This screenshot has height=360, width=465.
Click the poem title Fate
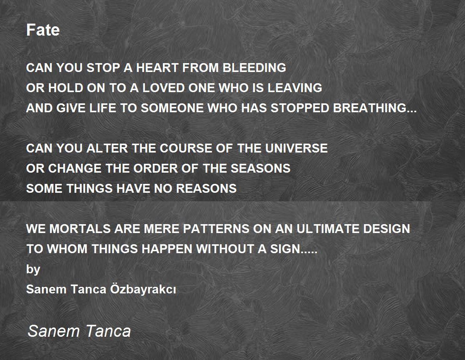pyautogui.click(x=43, y=30)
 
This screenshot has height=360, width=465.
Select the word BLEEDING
pyautogui.click(x=254, y=68)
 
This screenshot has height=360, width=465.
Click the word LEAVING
pyautogui.click(x=294, y=87)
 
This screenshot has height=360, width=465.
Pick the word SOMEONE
pyautogui.click(x=172, y=108)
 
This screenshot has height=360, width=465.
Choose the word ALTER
pyautogui.click(x=107, y=148)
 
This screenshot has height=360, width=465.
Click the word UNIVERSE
pyautogui.click(x=296, y=148)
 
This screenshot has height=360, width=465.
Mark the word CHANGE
pyautogui.click(x=74, y=168)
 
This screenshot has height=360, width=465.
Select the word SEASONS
pyautogui.click(x=260, y=168)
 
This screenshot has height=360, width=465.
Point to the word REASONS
pyautogui.click(x=206, y=189)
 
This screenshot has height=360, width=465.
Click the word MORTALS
pyautogui.click(x=80, y=228)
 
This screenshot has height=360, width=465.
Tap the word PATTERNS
pyautogui.click(x=216, y=228)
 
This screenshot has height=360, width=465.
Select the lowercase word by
pyautogui.click(x=33, y=269)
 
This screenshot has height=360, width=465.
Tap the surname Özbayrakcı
pyautogui.click(x=143, y=289)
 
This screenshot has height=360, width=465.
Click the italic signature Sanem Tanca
pyautogui.click(x=79, y=331)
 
